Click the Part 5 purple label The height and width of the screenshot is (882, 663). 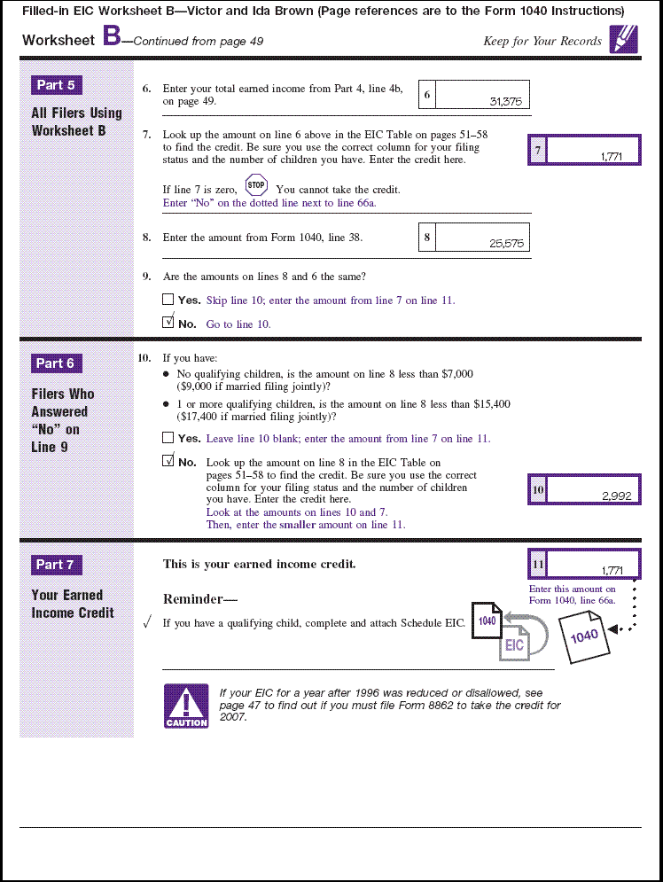tap(57, 85)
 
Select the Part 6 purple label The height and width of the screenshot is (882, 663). tap(57, 363)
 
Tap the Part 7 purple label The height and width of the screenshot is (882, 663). tap(57, 565)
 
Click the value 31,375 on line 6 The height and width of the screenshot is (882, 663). tap(505, 101)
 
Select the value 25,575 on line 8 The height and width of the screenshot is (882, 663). tap(505, 243)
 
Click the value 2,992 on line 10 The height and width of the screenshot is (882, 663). tap(616, 496)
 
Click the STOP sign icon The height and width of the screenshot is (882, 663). tap(256, 186)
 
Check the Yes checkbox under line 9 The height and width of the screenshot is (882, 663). tap(168, 300)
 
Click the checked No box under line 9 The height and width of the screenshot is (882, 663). tap(168, 323)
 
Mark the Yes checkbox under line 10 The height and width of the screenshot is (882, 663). tap(168, 438)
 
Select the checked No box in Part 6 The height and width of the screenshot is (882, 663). tap(168, 461)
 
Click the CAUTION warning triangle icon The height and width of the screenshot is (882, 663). tap(186, 706)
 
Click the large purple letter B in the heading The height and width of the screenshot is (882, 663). tap(112, 36)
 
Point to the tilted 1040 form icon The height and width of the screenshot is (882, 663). tap(584, 636)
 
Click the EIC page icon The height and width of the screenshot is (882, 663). tap(515, 644)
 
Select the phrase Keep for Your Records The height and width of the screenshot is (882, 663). tap(542, 41)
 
